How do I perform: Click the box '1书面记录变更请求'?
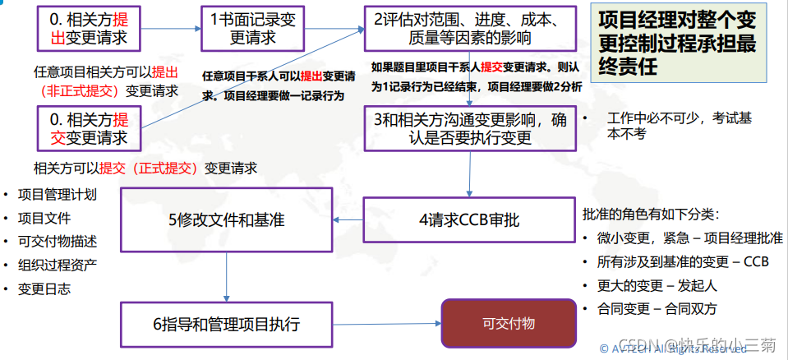click(x=251, y=29)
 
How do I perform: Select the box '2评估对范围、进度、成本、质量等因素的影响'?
click(x=469, y=29)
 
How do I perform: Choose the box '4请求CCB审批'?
click(x=469, y=220)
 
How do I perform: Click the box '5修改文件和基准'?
click(x=226, y=220)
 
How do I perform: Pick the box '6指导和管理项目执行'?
click(x=226, y=324)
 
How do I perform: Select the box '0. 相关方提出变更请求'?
click(x=88, y=29)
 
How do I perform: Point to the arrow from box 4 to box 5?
click(x=348, y=220)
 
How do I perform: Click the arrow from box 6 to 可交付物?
click(x=386, y=324)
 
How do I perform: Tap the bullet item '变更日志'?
click(x=44, y=288)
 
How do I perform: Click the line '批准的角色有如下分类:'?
click(x=650, y=215)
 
